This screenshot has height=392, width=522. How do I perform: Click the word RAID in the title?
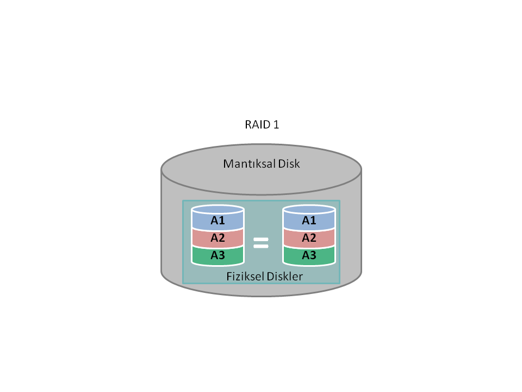tap(257, 125)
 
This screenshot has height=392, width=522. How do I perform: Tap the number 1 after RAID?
tap(276, 125)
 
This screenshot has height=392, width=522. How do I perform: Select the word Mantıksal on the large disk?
tap(249, 164)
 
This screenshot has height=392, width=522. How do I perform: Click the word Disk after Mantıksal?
tap(289, 164)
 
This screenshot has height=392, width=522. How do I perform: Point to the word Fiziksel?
tap(245, 277)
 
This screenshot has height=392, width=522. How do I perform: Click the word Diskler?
tap(284, 277)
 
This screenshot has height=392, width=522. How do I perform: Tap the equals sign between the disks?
tap(260, 243)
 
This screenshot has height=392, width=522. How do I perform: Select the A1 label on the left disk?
tap(217, 220)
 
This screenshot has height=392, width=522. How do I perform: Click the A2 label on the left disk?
tap(217, 238)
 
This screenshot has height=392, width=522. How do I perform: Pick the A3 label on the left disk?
tap(217, 255)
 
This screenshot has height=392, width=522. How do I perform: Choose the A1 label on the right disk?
tap(309, 220)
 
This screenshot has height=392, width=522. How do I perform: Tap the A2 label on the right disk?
tap(309, 238)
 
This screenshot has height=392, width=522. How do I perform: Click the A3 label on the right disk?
tap(309, 255)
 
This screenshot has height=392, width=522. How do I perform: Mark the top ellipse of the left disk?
tap(217, 210)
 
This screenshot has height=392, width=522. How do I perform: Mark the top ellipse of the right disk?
tap(309, 210)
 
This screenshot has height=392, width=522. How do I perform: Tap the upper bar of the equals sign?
tap(260, 240)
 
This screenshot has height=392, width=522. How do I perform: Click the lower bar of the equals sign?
tap(260, 246)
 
